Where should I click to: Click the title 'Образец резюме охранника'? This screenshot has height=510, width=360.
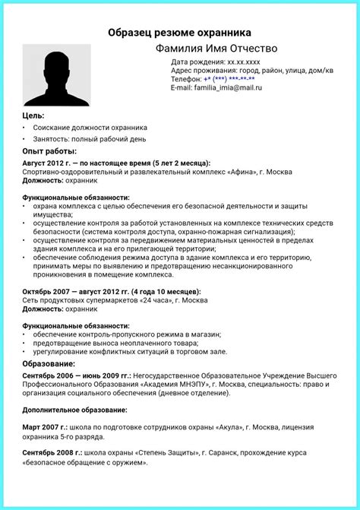(179, 33)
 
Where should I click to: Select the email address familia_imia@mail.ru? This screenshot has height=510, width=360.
(227, 87)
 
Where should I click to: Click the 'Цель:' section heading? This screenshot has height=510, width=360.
(34, 115)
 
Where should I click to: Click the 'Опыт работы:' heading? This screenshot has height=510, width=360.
(49, 152)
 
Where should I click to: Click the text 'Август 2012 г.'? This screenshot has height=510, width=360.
(46, 163)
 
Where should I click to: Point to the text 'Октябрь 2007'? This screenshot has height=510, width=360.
(47, 291)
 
